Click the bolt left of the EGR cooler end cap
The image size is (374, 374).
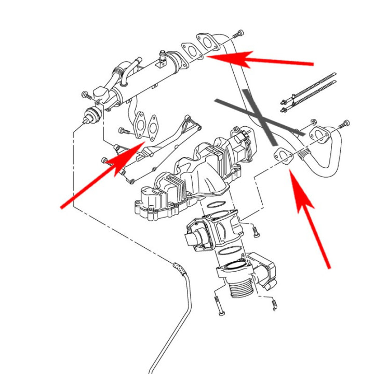click(x=87, y=96)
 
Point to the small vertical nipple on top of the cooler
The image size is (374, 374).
click(x=163, y=54)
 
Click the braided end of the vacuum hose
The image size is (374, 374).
click(x=179, y=268)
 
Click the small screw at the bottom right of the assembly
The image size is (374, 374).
click(x=274, y=305)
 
